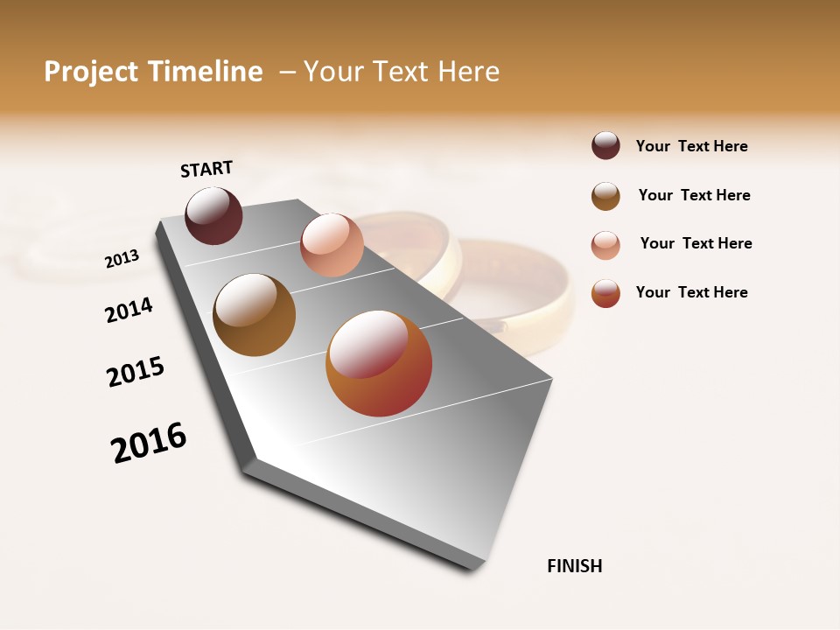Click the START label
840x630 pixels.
click(x=206, y=169)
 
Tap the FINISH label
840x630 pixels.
click(x=574, y=566)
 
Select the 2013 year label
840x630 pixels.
click(x=122, y=258)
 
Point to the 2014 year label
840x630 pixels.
click(x=129, y=310)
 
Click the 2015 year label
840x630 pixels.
click(x=136, y=371)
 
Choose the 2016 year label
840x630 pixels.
click(x=149, y=442)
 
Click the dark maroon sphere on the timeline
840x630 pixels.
click(x=213, y=215)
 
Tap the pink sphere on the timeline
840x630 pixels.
click(x=332, y=245)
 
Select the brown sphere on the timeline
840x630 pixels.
click(x=254, y=315)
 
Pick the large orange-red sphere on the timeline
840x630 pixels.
click(x=379, y=363)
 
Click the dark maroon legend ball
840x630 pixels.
click(x=605, y=145)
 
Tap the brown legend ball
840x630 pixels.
click(x=605, y=196)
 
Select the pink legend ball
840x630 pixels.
click(x=605, y=245)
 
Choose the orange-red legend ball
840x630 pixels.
click(x=605, y=293)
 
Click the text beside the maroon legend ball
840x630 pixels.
click(x=691, y=146)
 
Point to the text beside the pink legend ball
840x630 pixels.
click(x=696, y=243)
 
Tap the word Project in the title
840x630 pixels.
click(x=92, y=72)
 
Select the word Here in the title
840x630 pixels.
click(x=468, y=72)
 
